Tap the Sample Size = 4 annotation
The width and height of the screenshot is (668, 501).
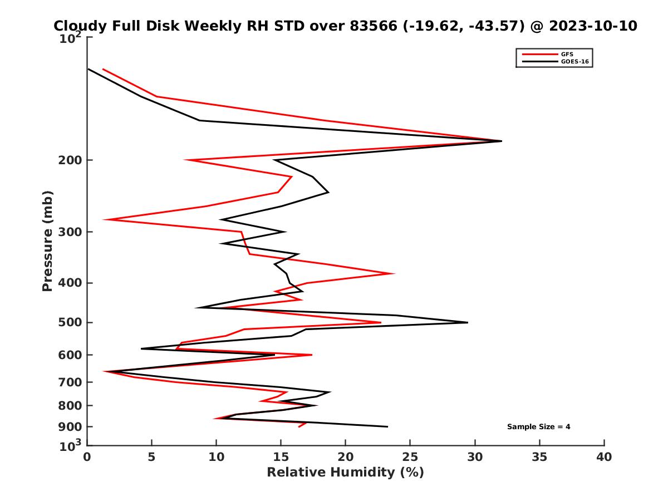[x=538, y=426]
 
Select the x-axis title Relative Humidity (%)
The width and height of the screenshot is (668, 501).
[x=345, y=473]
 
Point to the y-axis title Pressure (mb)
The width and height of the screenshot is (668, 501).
[x=47, y=240]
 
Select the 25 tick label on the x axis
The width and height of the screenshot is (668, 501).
[x=410, y=457]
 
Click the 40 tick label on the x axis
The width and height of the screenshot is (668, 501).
[x=604, y=457]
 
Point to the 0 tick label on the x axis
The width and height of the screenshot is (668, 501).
[x=87, y=457]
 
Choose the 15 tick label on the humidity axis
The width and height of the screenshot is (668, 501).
[x=281, y=457]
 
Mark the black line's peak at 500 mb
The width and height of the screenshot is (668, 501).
[x=468, y=322]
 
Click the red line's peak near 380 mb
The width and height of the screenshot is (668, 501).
[x=394, y=273]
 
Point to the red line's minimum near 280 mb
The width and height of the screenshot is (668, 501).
[x=104, y=220]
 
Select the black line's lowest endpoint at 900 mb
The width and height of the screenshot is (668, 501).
[x=387, y=426]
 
